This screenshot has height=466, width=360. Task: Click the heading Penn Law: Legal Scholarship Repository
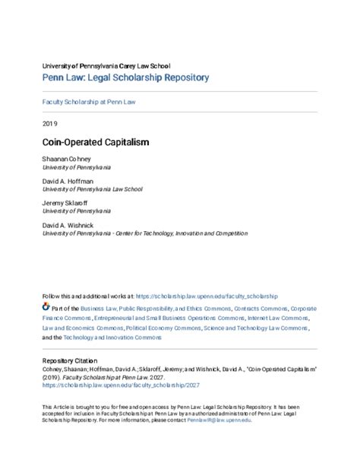125,78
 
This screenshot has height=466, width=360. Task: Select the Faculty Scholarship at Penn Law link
90,101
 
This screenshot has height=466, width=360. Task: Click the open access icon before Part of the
46,310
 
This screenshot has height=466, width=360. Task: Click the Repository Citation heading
75,364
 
